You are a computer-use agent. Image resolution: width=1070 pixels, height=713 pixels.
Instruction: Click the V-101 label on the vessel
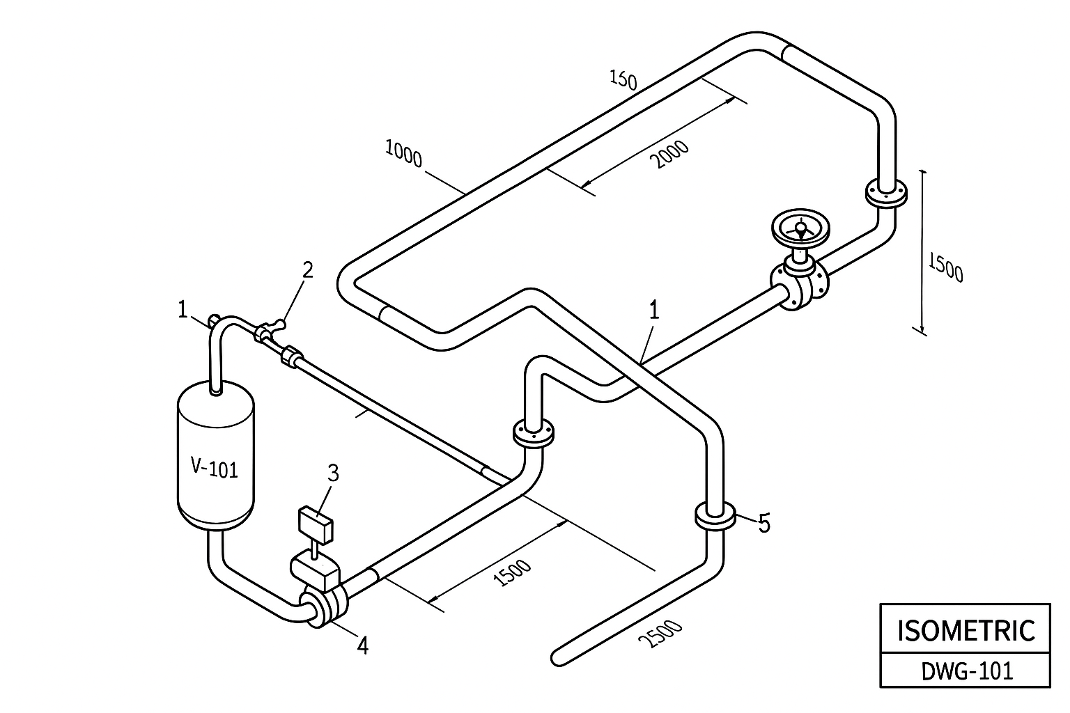coord(215,468)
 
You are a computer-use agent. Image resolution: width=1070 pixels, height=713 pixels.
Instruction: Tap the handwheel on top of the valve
coord(801,230)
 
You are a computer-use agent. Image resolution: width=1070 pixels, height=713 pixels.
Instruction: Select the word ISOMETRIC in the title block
coord(966,629)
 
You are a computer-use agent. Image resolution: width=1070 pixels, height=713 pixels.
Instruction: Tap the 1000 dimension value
coord(403,154)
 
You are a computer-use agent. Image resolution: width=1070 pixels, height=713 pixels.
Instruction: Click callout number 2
coord(307,270)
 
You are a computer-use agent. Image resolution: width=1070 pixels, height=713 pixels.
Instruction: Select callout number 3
coord(333,473)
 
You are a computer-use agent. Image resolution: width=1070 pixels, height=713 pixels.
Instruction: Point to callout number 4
coord(362,646)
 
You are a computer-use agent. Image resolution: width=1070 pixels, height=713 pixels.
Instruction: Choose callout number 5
coord(764,524)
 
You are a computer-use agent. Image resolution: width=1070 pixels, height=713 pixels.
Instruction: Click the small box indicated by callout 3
coord(316,525)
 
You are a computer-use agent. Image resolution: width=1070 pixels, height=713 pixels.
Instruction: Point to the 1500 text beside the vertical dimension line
coord(945,266)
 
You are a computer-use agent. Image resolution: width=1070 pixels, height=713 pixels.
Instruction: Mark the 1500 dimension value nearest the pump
coord(511,574)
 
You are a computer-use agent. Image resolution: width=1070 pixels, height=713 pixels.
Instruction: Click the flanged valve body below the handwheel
coord(800,284)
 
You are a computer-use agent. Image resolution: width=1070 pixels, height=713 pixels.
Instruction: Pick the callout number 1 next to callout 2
coord(183,309)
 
